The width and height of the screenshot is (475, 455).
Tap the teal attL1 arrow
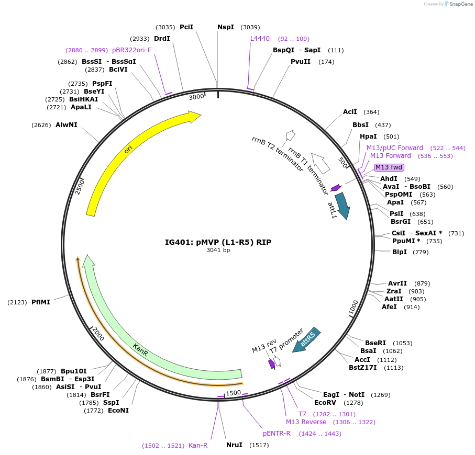click(x=343, y=205)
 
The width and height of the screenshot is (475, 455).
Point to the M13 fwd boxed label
click(x=389, y=167)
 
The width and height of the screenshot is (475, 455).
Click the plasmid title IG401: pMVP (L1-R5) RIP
click(x=218, y=242)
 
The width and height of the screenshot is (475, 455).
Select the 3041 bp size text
click(x=218, y=250)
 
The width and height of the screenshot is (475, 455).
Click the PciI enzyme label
click(x=186, y=27)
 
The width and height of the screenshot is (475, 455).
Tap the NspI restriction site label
click(x=226, y=27)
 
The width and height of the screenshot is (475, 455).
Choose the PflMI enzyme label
click(x=41, y=302)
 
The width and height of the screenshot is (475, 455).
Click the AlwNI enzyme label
click(x=67, y=124)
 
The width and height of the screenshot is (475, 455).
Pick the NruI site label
click(x=234, y=445)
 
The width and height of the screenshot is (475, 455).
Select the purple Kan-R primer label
click(x=198, y=446)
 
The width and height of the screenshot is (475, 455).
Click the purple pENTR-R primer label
click(x=277, y=434)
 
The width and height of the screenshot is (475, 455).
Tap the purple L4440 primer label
click(x=260, y=39)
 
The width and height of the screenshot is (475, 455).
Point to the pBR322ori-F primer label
click(x=131, y=50)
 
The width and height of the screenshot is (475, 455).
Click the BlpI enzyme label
click(x=400, y=252)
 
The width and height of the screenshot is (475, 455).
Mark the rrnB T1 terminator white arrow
click(x=321, y=163)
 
